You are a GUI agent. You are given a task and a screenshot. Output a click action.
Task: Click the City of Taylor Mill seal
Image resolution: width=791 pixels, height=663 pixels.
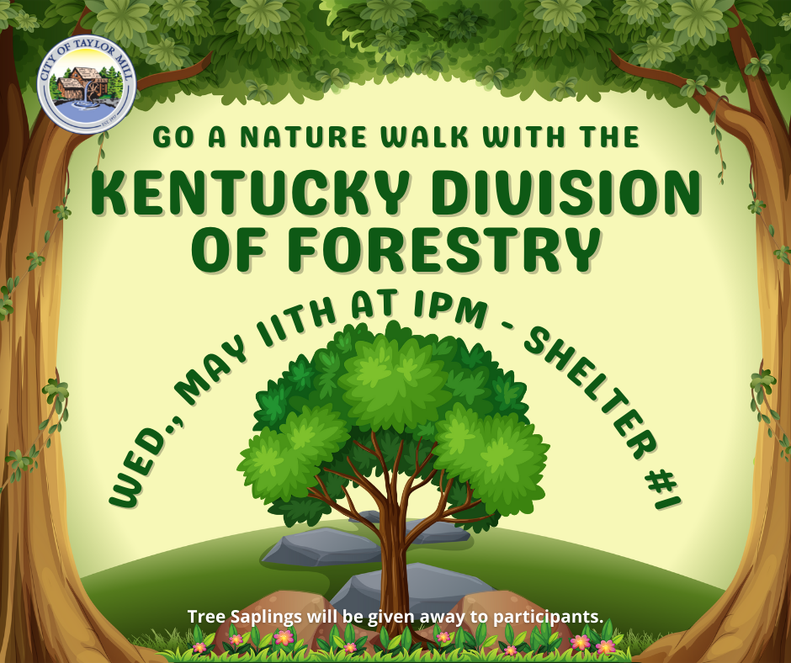87,85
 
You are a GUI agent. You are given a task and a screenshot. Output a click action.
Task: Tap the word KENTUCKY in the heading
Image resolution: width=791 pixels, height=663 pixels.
250,194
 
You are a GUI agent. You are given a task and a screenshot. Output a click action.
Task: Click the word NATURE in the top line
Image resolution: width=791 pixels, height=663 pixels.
303,137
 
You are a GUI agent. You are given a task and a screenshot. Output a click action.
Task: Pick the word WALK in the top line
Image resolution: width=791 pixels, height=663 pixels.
424,137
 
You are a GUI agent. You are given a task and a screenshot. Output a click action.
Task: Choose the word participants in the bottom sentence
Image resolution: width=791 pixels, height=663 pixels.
548,617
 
